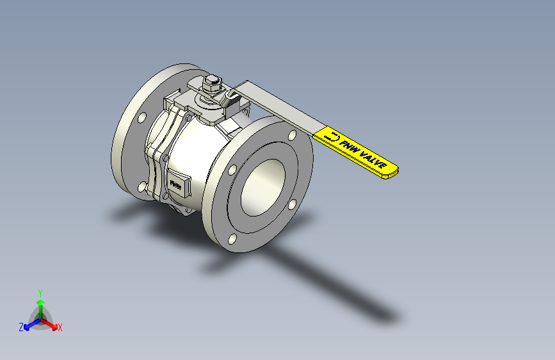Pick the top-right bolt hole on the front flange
(292, 136)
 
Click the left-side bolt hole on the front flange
(233, 171)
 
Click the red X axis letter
(60, 327)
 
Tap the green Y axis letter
(40, 291)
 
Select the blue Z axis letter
(21, 327)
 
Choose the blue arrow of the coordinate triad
(29, 324)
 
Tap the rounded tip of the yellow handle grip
(395, 170)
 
